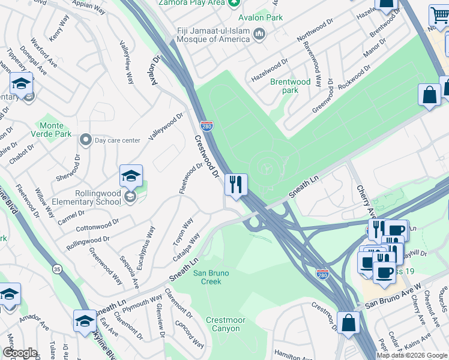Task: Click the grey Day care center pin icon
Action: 86,140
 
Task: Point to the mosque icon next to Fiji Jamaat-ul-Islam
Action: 259,34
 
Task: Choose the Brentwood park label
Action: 290,86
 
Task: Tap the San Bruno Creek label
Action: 207,277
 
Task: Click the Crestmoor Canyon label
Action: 223,324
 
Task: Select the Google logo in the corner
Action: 20,353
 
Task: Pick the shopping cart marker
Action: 439,16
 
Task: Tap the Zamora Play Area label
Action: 191,2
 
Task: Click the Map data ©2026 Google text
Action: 412,355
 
